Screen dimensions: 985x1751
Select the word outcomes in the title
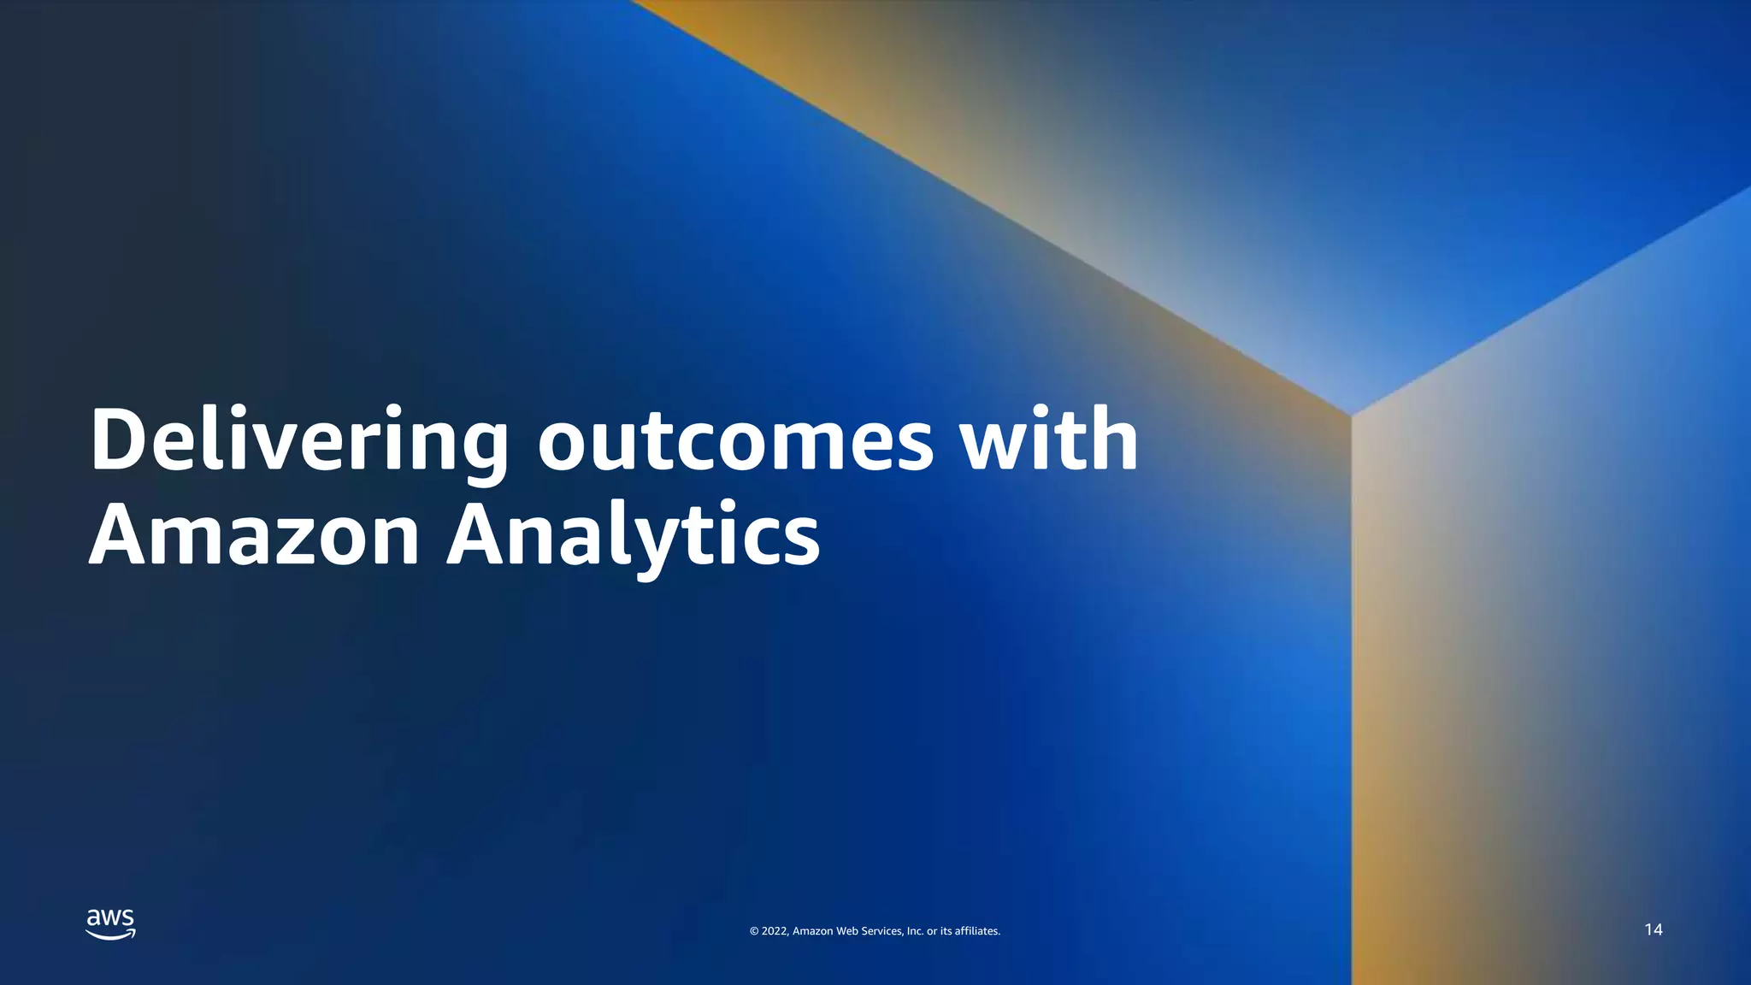point(735,442)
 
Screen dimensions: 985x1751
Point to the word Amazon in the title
point(254,536)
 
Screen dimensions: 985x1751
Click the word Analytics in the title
point(633,536)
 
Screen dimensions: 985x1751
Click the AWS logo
point(110,923)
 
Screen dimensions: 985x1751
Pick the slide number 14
point(1653,929)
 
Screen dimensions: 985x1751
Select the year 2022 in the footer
point(774,931)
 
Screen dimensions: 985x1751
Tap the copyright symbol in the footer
point(754,931)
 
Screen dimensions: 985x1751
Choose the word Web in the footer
point(846,931)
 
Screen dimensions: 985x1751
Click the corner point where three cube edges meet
point(1351,416)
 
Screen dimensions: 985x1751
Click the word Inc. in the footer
point(915,931)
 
